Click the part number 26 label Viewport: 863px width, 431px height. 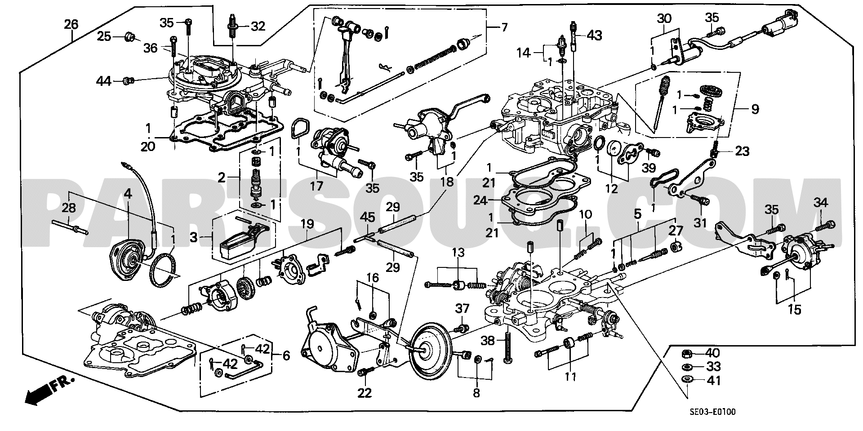click(x=71, y=24)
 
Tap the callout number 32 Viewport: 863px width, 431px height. click(x=258, y=27)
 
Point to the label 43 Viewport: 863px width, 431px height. click(x=595, y=35)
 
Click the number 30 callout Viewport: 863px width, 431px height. click(x=664, y=19)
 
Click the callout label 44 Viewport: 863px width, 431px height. click(x=103, y=81)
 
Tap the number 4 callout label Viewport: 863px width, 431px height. click(x=128, y=194)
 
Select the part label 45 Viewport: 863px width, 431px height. click(x=368, y=218)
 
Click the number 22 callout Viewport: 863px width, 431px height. click(x=365, y=393)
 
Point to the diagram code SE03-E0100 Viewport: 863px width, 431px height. click(x=716, y=411)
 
